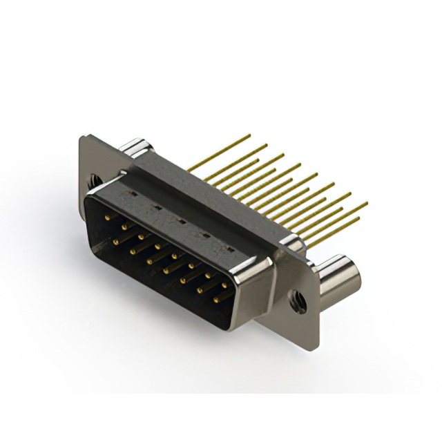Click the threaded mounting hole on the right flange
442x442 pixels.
pos(298,300)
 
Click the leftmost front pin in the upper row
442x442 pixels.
pos(108,217)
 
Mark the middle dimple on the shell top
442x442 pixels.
pos(179,222)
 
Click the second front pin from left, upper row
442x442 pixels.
pos(124,226)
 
